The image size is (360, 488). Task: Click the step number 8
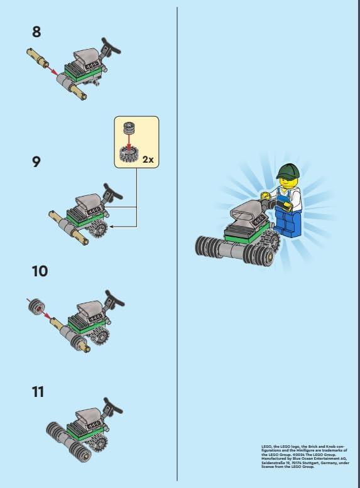click(x=36, y=31)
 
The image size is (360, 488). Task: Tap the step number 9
click(x=37, y=161)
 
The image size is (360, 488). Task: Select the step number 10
click(x=40, y=271)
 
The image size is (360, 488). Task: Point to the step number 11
click(x=38, y=391)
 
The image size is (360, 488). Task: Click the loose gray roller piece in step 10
click(x=34, y=307)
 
